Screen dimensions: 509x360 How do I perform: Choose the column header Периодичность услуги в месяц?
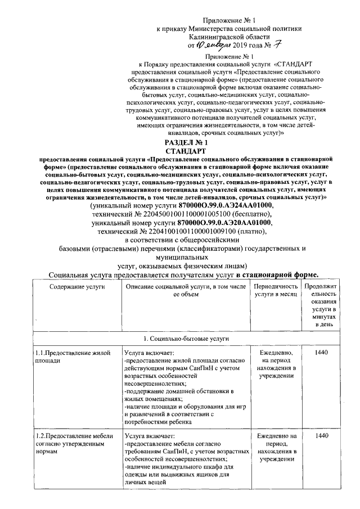click(x=275, y=290)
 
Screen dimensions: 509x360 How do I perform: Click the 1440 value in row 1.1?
click(x=322, y=353)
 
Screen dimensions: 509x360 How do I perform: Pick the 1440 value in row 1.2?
click(x=322, y=436)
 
